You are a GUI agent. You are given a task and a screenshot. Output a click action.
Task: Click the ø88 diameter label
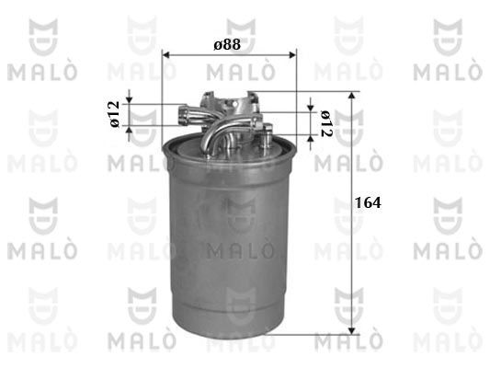pos(227,45)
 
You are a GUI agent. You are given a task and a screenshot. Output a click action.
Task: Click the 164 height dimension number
pos(368,202)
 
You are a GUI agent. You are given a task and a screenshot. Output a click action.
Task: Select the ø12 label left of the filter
pos(115,114)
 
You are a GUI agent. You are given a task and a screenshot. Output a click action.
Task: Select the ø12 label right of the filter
pos(326,124)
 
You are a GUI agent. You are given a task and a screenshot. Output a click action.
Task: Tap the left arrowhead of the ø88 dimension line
pos(166,55)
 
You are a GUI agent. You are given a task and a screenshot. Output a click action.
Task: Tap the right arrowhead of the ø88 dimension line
pos(292,55)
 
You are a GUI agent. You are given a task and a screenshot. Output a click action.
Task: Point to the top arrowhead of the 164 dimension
pos(352,95)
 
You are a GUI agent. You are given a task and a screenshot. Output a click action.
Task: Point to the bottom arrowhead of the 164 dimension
pos(352,331)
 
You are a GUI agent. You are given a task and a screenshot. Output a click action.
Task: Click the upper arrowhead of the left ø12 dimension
pos(130,100)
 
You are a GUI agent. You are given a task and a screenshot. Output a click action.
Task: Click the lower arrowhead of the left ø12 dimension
pos(130,129)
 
